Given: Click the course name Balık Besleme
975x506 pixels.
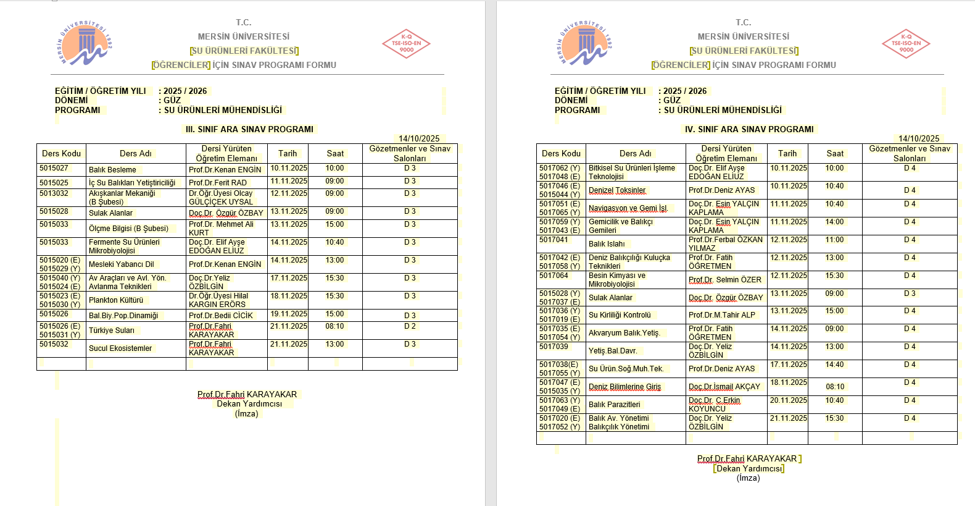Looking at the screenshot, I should [x=112, y=170].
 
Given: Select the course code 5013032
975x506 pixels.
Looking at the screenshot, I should [x=54, y=193].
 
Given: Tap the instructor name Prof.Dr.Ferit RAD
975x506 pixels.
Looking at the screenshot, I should [x=218, y=183].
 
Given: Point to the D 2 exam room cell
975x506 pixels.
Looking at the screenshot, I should [x=410, y=326].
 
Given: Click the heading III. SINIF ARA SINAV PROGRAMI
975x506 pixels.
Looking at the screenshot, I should [x=249, y=129].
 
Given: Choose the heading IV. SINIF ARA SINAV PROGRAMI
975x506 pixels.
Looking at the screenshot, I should [x=749, y=129].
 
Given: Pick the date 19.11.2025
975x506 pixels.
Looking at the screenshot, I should [x=289, y=314].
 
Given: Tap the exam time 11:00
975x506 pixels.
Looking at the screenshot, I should [x=834, y=240].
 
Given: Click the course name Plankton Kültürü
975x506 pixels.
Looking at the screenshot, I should [x=116, y=300].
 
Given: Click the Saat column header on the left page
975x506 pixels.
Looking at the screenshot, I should [x=335, y=153].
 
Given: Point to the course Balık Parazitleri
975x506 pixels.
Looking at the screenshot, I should [x=614, y=405].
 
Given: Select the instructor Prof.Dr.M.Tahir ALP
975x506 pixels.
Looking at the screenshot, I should [x=722, y=315].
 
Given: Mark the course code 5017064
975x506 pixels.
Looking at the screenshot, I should [x=554, y=276].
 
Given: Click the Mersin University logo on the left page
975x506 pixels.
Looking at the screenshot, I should [x=86, y=43].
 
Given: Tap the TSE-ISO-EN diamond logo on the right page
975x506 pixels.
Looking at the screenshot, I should [x=906, y=43].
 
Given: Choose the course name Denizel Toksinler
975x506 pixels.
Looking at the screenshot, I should [x=617, y=190].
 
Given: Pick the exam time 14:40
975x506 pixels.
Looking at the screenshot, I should [x=834, y=365].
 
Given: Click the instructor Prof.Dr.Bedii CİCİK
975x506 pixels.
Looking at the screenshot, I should [x=221, y=316].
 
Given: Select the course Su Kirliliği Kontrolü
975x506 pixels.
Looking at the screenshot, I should [x=620, y=315].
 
